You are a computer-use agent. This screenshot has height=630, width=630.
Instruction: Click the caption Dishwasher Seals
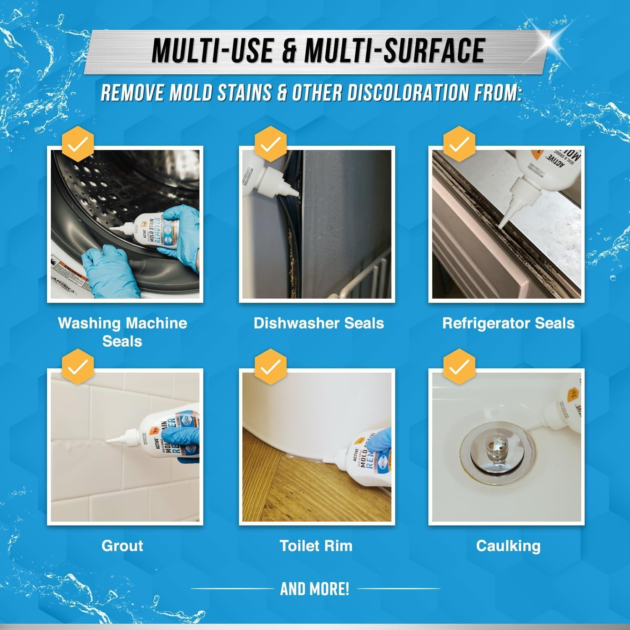pyautogui.click(x=319, y=323)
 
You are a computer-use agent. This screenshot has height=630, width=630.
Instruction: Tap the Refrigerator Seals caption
pyautogui.click(x=508, y=323)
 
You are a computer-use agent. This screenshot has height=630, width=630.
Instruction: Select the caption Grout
pyautogui.click(x=122, y=546)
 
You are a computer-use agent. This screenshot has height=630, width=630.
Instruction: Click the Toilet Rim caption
pyautogui.click(x=316, y=546)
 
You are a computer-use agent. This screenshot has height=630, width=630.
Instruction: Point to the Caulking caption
pyautogui.click(x=508, y=546)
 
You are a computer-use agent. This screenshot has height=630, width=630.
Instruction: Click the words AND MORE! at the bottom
pyautogui.click(x=315, y=589)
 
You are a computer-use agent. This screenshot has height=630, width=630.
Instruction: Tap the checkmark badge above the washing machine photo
pyautogui.click(x=78, y=145)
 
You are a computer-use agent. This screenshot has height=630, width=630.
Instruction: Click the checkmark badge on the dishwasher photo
pyautogui.click(x=271, y=145)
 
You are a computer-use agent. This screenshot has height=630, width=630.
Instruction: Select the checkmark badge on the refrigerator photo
pyautogui.click(x=459, y=145)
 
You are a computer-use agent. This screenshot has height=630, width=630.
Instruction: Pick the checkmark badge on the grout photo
pyautogui.click(x=78, y=367)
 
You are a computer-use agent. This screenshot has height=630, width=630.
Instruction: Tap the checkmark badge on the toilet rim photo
pyautogui.click(x=271, y=367)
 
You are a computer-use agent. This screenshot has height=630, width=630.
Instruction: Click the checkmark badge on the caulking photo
pyautogui.click(x=459, y=367)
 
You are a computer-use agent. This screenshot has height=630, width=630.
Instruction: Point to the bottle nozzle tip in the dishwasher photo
pyautogui.click(x=297, y=194)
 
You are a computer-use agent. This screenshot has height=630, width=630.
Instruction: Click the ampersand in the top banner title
pyautogui.click(x=289, y=51)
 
